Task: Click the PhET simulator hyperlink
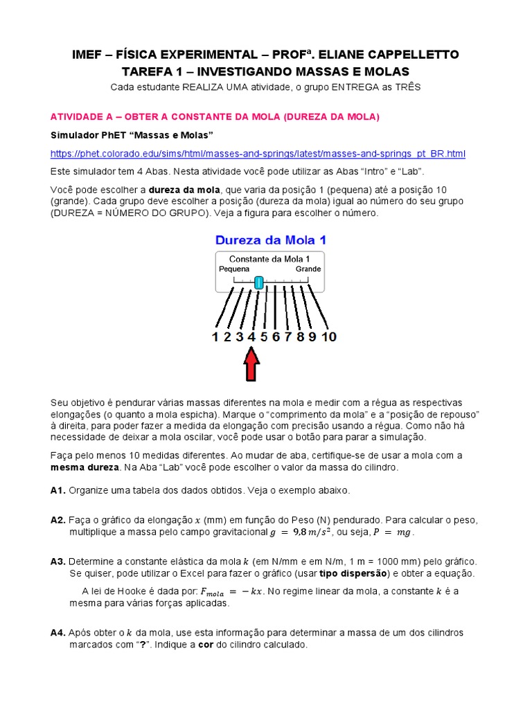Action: (258, 154)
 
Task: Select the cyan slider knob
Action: (258, 282)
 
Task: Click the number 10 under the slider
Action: (329, 337)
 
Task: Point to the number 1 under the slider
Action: (215, 337)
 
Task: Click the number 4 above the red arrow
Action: (251, 337)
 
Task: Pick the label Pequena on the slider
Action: (233, 269)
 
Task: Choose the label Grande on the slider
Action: (308, 269)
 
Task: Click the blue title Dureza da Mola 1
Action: (270, 240)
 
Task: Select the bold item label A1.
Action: (58, 490)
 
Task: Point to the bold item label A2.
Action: (58, 519)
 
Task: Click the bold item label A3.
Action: (58, 561)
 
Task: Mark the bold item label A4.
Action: (58, 633)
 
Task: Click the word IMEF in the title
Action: (89, 55)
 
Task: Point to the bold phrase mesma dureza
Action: (82, 467)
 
